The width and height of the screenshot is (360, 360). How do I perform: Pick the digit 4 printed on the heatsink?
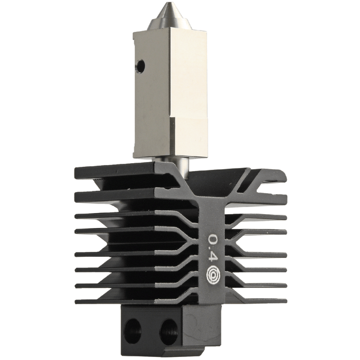pos(214,259)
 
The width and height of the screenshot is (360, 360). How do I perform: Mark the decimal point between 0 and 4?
pos(214,250)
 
